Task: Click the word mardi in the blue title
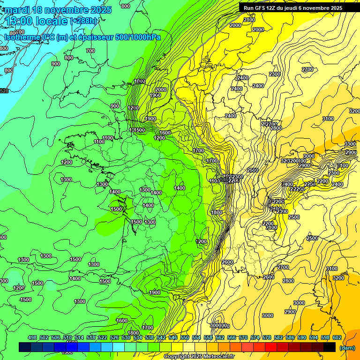17,10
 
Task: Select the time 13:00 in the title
18,22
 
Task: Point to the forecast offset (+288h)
84,21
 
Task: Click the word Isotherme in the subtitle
22,37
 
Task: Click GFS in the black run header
261,8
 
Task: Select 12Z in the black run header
273,8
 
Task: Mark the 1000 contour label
140,81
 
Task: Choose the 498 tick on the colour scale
32,337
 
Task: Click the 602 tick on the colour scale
337,337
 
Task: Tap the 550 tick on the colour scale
185,337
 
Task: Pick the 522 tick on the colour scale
103,337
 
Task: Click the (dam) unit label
347,348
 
